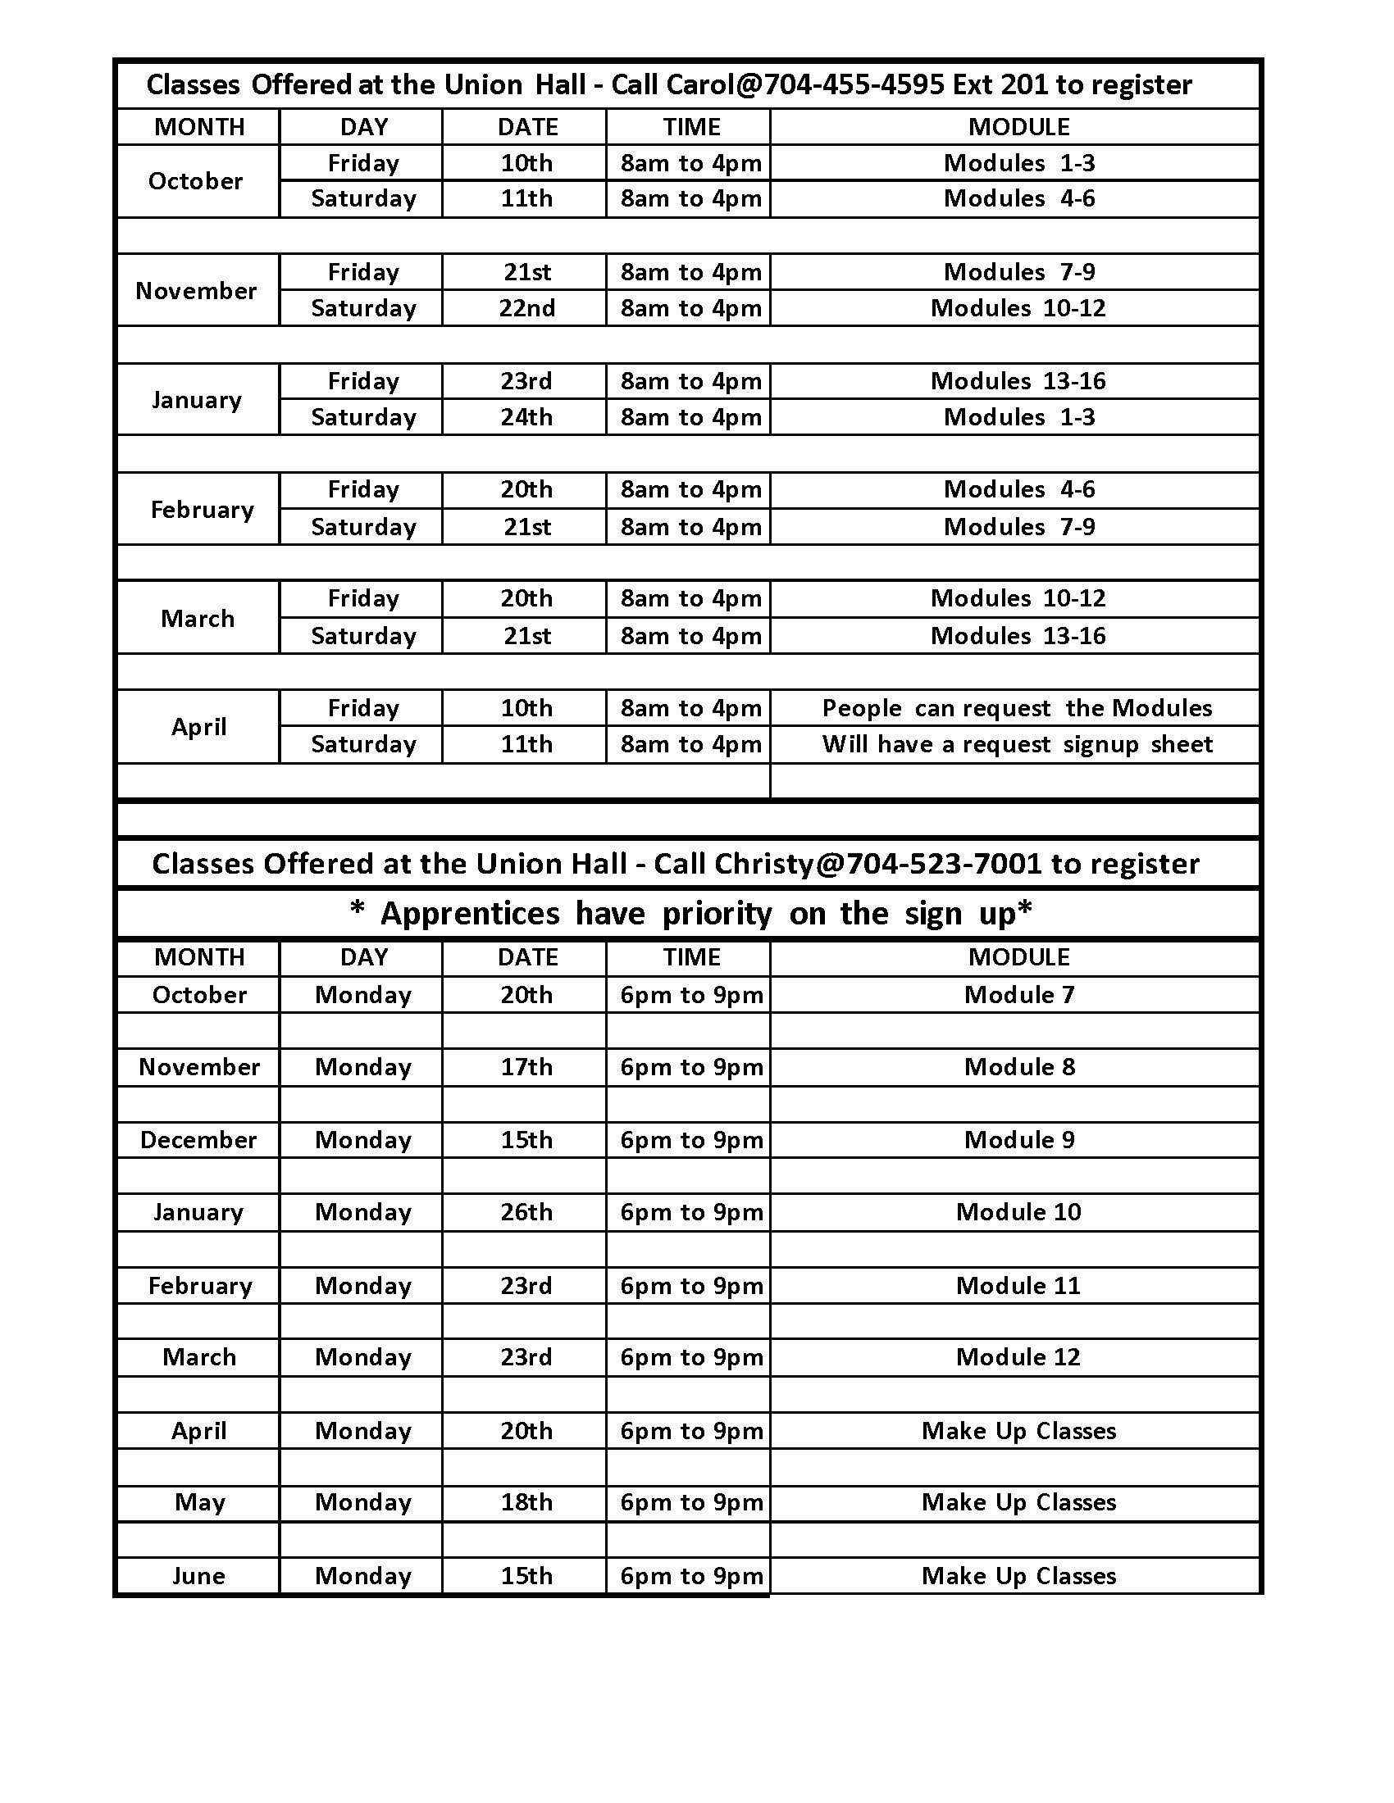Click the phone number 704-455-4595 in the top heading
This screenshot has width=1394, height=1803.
pyautogui.click(x=854, y=85)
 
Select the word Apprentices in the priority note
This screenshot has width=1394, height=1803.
pyautogui.click(x=470, y=914)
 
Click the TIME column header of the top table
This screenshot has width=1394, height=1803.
pyautogui.click(x=691, y=127)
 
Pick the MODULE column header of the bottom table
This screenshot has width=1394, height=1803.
pyautogui.click(x=1018, y=956)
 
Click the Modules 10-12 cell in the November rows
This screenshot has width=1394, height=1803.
pyautogui.click(x=1018, y=308)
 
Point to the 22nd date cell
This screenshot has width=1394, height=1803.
pyautogui.click(x=527, y=308)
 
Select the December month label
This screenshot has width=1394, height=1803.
pyautogui.click(x=199, y=1140)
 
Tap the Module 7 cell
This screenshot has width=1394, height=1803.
pyautogui.click(x=1019, y=995)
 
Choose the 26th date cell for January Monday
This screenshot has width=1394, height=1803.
pyautogui.click(x=526, y=1212)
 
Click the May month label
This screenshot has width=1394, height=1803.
pyautogui.click(x=199, y=1502)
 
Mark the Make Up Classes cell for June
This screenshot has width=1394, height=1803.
pyautogui.click(x=1018, y=1576)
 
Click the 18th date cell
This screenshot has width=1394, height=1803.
pyautogui.click(x=526, y=1502)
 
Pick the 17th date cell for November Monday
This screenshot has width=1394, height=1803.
pyautogui.click(x=526, y=1067)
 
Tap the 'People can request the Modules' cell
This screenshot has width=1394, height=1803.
pyautogui.click(x=1017, y=708)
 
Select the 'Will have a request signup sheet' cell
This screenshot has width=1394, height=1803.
pyautogui.click(x=1017, y=745)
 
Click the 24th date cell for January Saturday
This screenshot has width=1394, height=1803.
pyautogui.click(x=526, y=417)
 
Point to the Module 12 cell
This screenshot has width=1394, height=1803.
pyautogui.click(x=1018, y=1357)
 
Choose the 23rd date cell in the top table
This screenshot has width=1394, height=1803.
pyautogui.click(x=526, y=381)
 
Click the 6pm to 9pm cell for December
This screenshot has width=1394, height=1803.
pyautogui.click(x=691, y=1140)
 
